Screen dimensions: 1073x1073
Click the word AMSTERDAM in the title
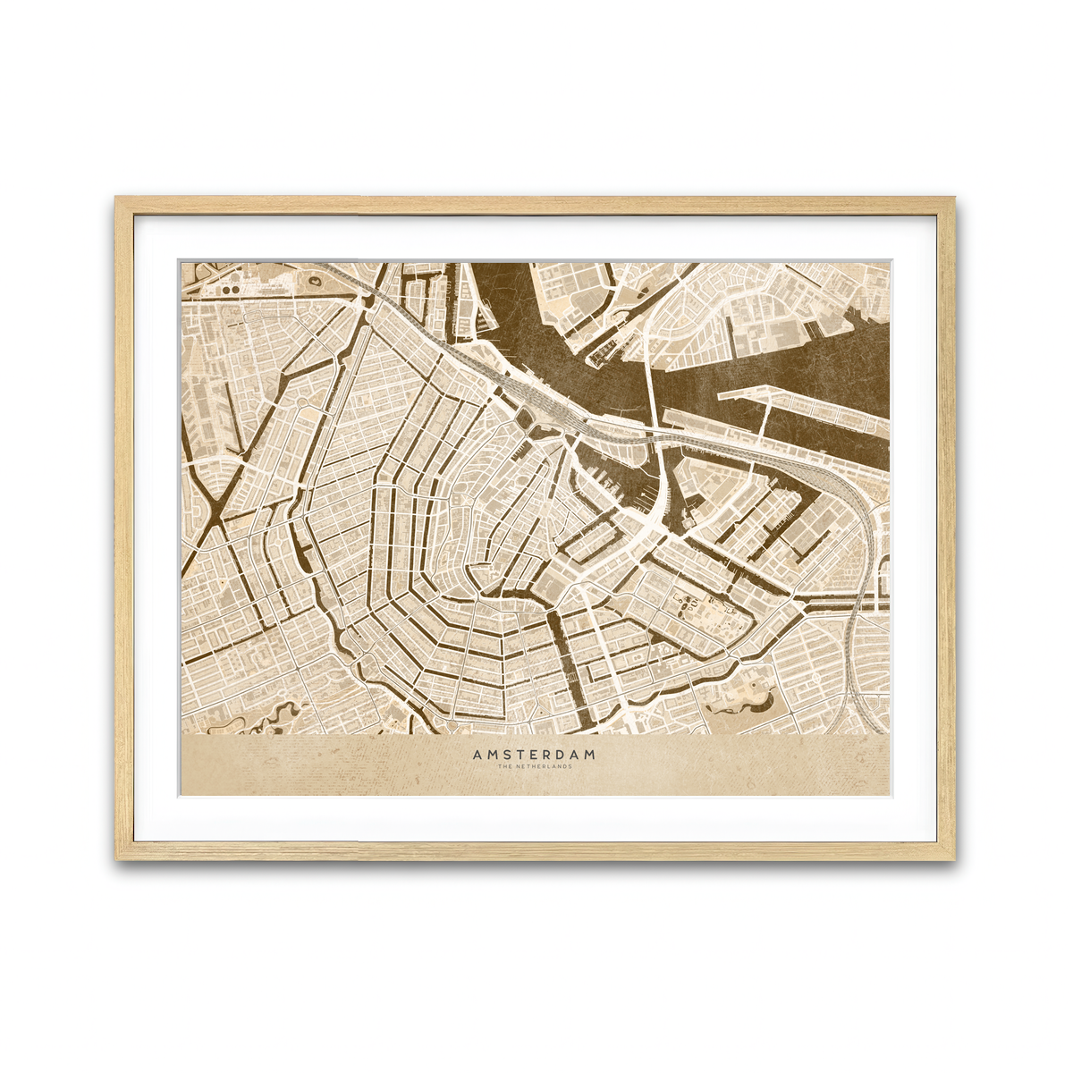534,755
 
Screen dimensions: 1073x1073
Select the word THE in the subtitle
505,766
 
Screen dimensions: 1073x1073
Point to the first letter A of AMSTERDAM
477,755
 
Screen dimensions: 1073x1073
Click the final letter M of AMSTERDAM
589,755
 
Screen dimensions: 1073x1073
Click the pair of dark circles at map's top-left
230,290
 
